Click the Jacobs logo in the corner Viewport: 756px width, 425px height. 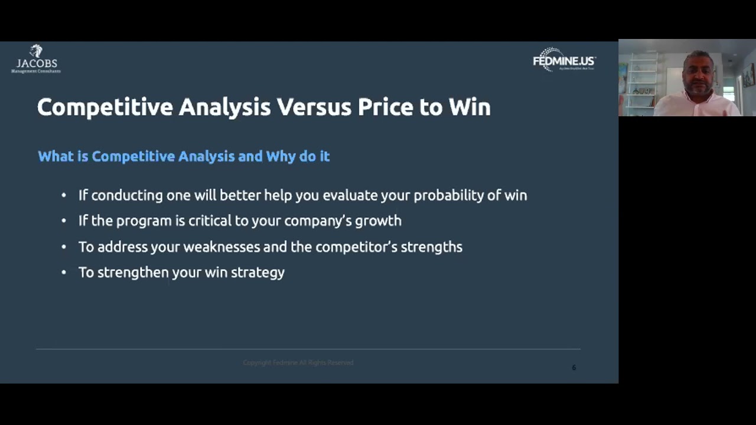(x=36, y=59)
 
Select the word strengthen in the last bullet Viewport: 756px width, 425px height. (x=133, y=272)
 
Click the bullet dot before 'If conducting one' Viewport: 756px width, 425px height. (x=64, y=195)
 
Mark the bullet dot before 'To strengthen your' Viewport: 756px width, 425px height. (x=64, y=272)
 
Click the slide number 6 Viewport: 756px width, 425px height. (x=573, y=368)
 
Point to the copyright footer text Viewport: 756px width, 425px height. (x=298, y=362)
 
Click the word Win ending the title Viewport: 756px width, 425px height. (x=470, y=107)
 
